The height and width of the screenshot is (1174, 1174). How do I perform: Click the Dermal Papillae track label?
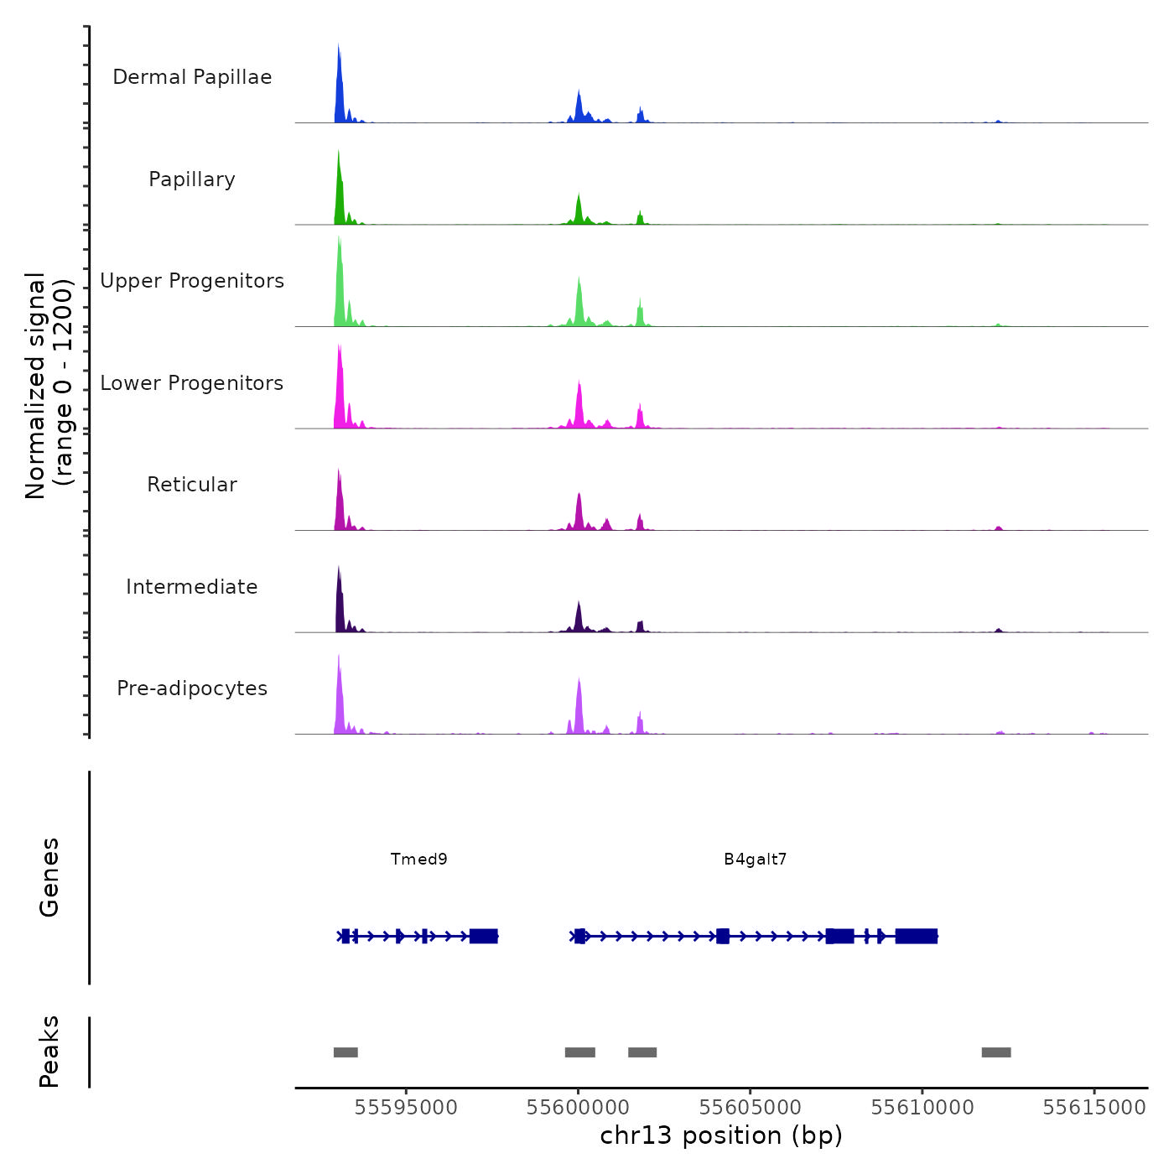pyautogui.click(x=192, y=77)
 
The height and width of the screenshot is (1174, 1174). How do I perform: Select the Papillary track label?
pyautogui.click(x=192, y=179)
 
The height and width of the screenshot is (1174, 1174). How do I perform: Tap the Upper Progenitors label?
pyautogui.click(x=192, y=281)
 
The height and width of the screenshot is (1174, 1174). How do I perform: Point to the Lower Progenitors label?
pyautogui.click(x=192, y=383)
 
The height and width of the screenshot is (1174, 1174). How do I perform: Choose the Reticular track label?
pyautogui.click(x=192, y=485)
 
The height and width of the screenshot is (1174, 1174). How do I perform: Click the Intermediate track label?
pyautogui.click(x=192, y=587)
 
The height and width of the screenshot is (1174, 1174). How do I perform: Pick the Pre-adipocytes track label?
pyautogui.click(x=192, y=688)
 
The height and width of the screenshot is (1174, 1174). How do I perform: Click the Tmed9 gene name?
pyautogui.click(x=419, y=859)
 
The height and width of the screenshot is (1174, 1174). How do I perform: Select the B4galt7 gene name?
pyautogui.click(x=756, y=859)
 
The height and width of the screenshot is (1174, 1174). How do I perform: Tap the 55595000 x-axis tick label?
pyautogui.click(x=406, y=1107)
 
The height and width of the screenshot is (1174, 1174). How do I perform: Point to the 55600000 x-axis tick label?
pyautogui.click(x=578, y=1107)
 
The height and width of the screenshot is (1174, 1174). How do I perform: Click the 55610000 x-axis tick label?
pyautogui.click(x=922, y=1107)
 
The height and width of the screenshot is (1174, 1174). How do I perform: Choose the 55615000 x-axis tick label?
pyautogui.click(x=1094, y=1107)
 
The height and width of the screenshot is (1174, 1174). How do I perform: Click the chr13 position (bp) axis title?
pyautogui.click(x=721, y=1135)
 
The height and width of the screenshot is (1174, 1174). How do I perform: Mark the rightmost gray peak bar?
pyautogui.click(x=996, y=1052)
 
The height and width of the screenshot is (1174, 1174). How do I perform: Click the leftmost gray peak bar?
pyautogui.click(x=345, y=1052)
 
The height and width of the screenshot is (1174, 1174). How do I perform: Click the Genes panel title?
pyautogui.click(x=49, y=877)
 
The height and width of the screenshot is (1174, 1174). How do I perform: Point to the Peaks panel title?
pyautogui.click(x=49, y=1052)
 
